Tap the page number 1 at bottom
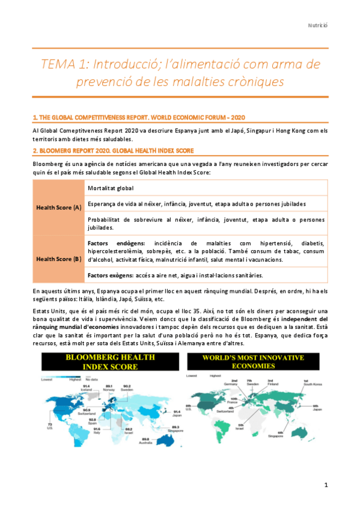(x=326, y=484)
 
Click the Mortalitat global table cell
(x=112, y=188)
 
